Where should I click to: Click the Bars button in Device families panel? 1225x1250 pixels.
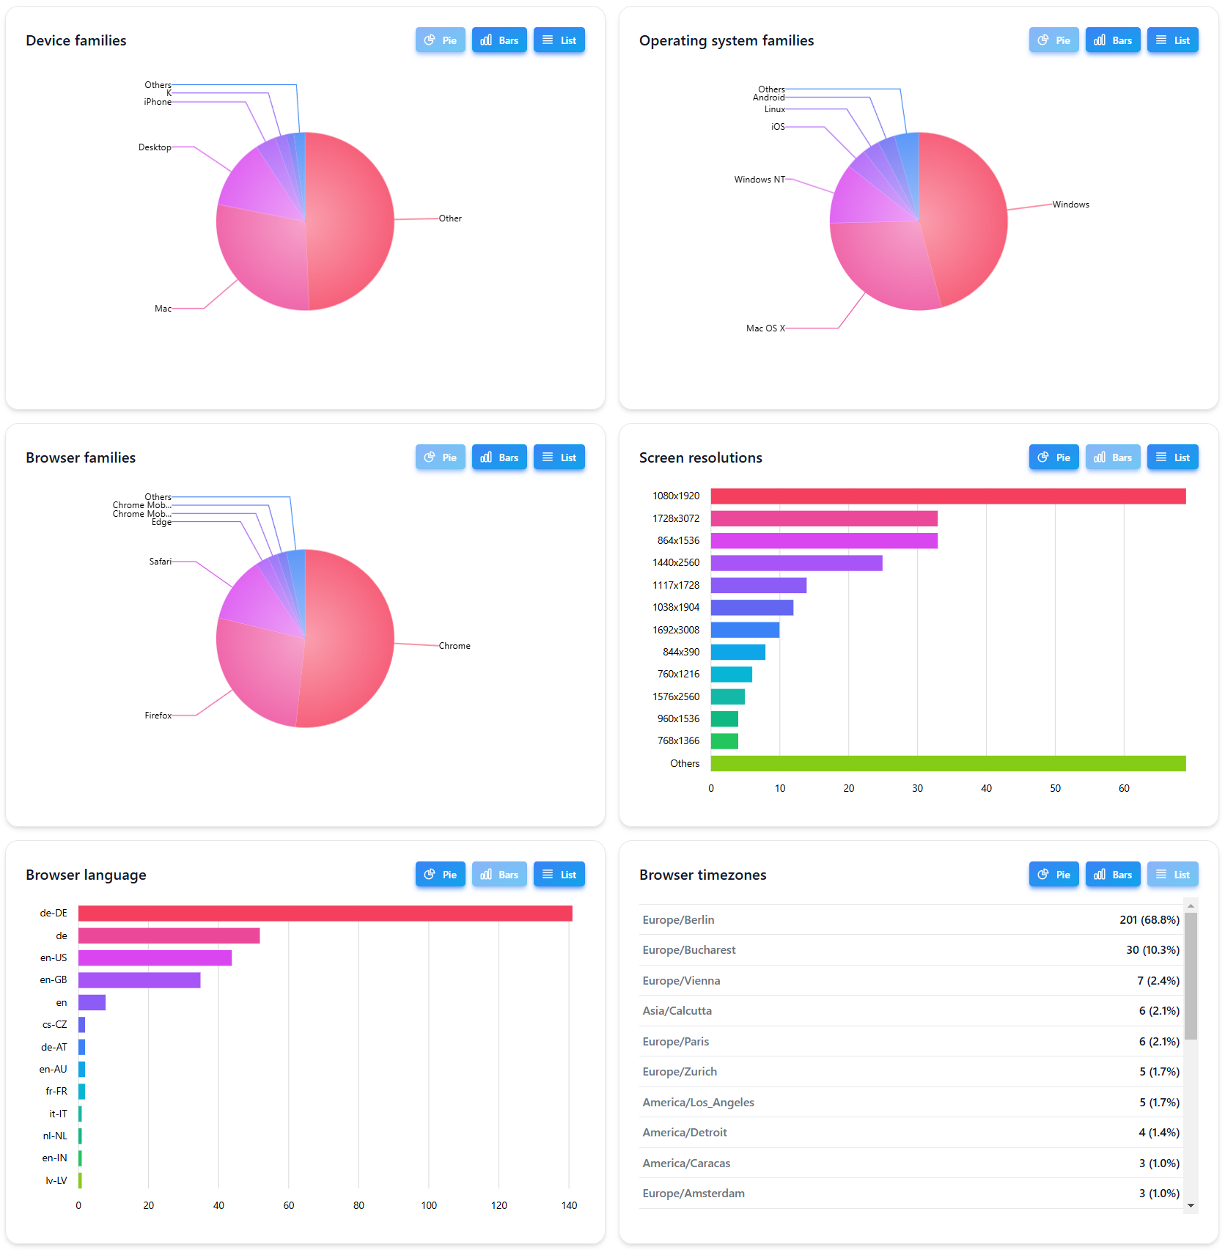499,40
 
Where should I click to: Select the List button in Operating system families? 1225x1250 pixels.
1172,40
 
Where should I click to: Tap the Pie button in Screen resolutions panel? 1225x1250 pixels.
1053,457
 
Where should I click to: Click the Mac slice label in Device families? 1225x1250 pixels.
163,309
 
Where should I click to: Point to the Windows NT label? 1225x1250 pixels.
759,180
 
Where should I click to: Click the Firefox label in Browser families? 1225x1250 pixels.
158,716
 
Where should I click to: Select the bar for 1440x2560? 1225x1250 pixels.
796,563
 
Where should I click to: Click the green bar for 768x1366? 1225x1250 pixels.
724,741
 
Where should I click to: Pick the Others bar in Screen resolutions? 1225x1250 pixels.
947,763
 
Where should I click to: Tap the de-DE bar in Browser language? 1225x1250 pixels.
325,913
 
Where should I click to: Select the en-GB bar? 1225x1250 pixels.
139,980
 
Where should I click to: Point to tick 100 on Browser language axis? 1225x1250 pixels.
429,1205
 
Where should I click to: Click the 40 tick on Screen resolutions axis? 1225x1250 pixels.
986,788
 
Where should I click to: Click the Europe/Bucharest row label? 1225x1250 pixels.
688,950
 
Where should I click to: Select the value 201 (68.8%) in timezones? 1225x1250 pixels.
1149,920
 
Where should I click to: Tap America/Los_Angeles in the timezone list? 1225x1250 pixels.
698,1103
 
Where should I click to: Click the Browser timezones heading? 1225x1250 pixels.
702,875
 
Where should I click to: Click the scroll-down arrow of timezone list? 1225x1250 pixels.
1191,1205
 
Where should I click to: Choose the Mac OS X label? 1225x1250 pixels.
765,328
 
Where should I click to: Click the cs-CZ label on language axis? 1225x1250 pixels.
54,1025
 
